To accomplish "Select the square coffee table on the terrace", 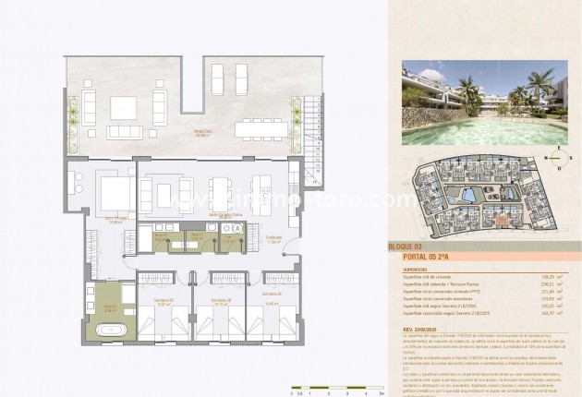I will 124,107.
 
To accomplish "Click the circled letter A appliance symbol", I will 237,226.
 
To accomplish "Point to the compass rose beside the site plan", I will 555,158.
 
